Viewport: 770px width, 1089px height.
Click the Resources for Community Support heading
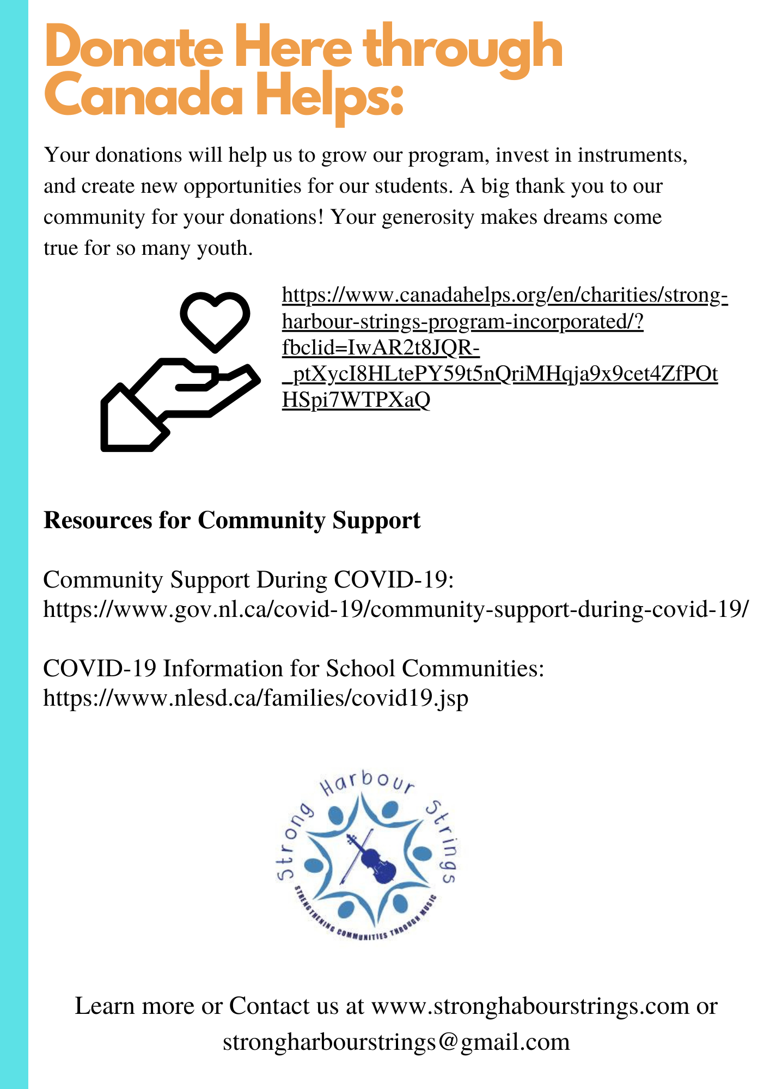tap(232, 521)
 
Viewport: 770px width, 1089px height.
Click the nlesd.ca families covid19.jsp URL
tap(255, 697)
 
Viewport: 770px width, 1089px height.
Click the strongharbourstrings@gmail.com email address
tap(396, 1041)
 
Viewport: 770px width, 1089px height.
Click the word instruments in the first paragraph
tap(632, 156)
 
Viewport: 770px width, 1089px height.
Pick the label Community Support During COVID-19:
tap(248, 580)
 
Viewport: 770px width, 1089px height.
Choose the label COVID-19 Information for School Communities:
tap(294, 668)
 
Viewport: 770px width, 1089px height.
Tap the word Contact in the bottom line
tap(283, 1006)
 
